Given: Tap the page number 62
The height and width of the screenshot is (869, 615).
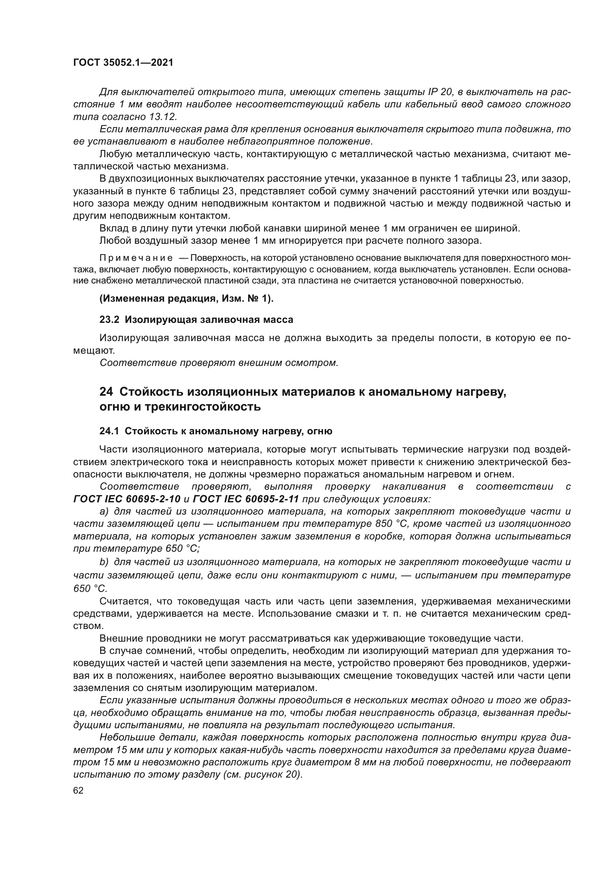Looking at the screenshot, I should coord(78,791).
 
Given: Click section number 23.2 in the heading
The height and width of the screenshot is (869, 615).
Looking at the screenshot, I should coord(109,320).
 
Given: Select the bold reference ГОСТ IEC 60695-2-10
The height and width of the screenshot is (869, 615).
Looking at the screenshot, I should coord(127,499).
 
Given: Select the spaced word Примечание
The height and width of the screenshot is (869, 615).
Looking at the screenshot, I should coord(136,258).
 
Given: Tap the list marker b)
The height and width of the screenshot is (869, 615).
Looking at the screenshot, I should coord(104,562).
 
